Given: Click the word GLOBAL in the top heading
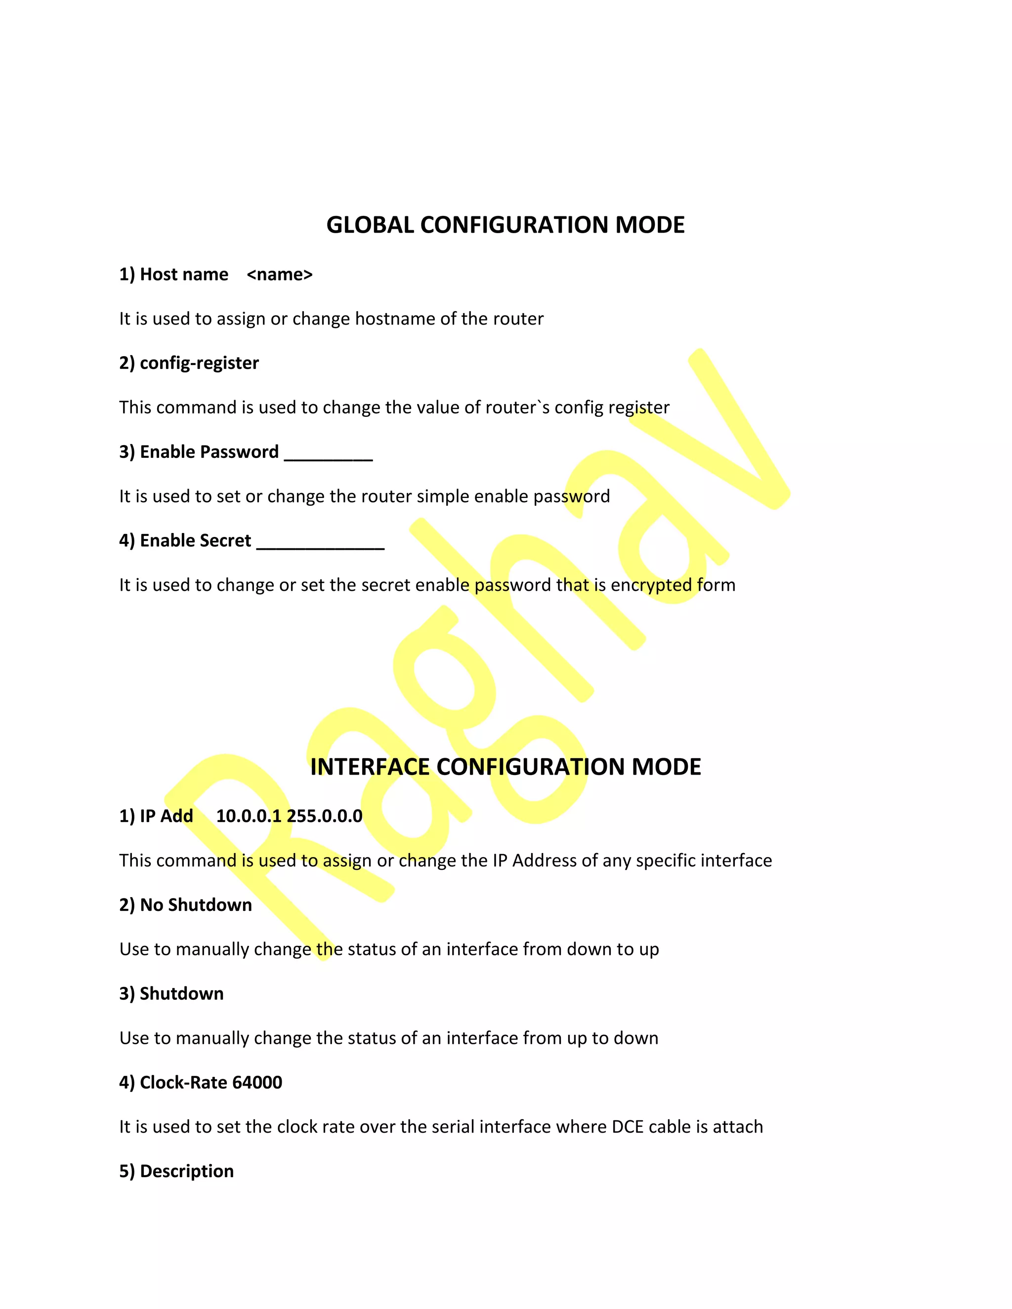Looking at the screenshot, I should pos(370,225).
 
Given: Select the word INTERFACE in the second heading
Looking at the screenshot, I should pos(369,767).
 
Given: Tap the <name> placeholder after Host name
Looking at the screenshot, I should pos(279,275).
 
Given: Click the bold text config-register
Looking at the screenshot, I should pos(199,363).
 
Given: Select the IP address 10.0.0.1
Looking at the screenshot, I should pos(248,817).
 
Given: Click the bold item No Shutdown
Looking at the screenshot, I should pos(196,905).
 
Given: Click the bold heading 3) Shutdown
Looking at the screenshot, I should pos(171,994).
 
